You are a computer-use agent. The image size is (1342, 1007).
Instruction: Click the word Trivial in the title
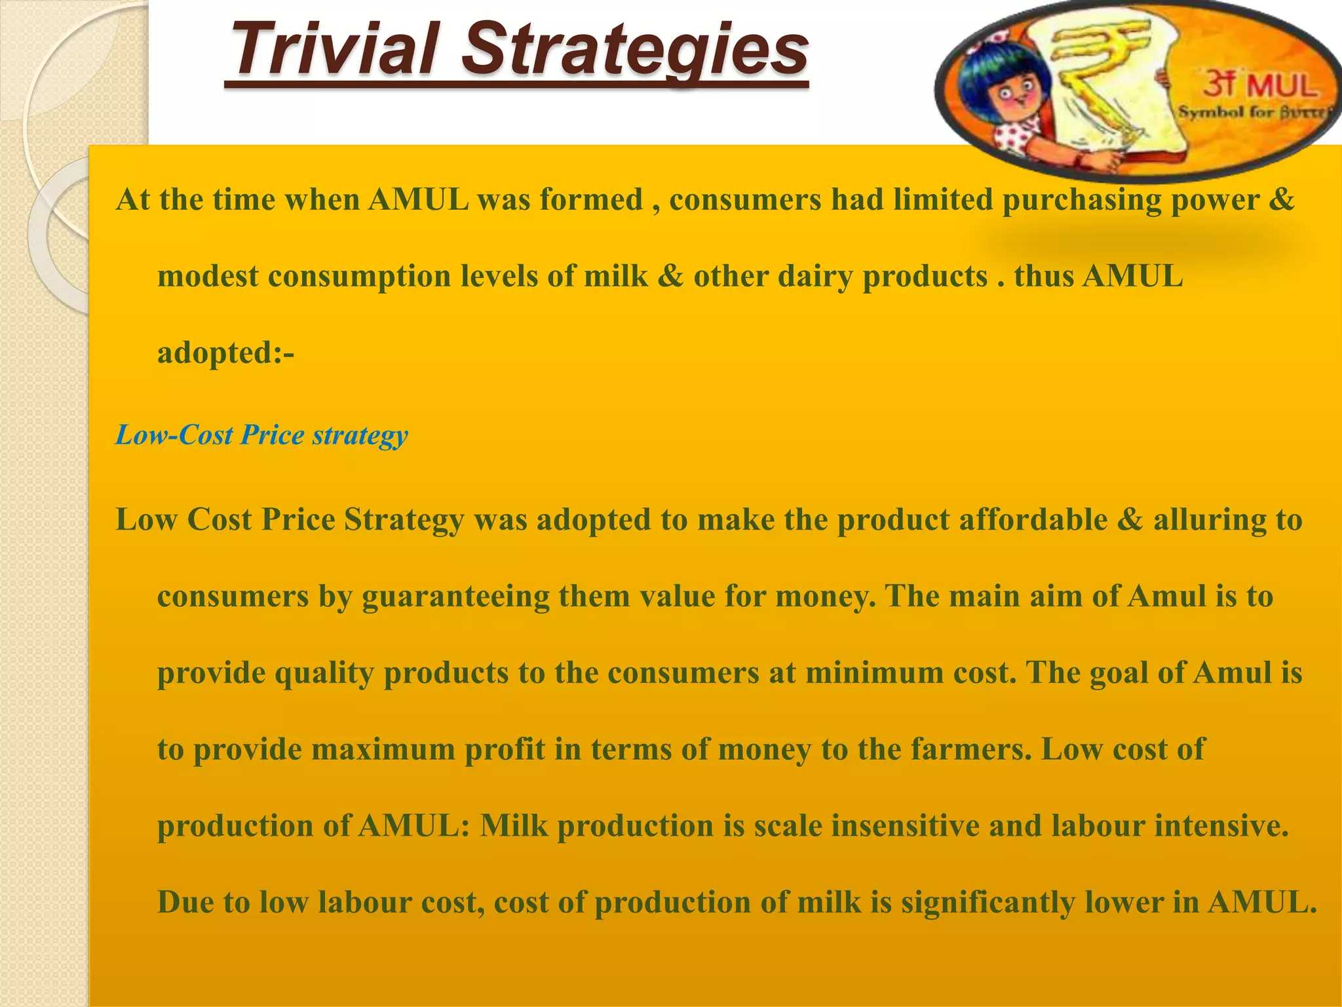click(x=334, y=49)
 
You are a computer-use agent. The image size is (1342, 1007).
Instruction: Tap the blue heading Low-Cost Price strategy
click(x=261, y=435)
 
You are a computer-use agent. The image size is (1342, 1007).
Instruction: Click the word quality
click(x=324, y=673)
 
